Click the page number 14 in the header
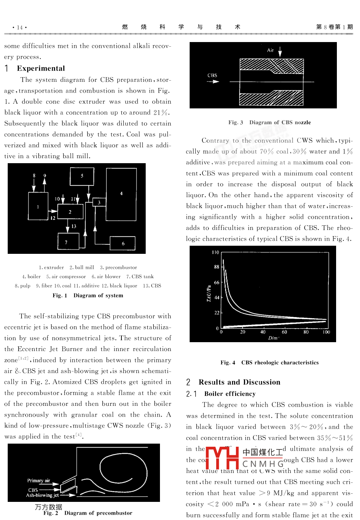pyautogui.click(x=20, y=27)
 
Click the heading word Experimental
pyautogui.click(x=41, y=68)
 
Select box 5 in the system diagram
pyautogui.click(x=82, y=176)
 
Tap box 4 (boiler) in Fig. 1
pyautogui.click(x=121, y=194)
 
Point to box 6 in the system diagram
pyautogui.click(x=123, y=243)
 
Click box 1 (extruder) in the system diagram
pyautogui.click(x=38, y=206)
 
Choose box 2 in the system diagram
pyautogui.click(x=70, y=212)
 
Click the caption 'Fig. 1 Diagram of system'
pyautogui.click(x=88, y=295)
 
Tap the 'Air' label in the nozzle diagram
pyautogui.click(x=271, y=50)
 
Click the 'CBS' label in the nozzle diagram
pyautogui.click(x=212, y=75)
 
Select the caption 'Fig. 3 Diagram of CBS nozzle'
pyautogui.click(x=269, y=122)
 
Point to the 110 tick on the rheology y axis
pyautogui.click(x=215, y=252)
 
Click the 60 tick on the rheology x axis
pyautogui.click(x=284, y=332)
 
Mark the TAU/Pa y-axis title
pyautogui.click(x=209, y=293)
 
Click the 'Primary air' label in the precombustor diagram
pyautogui.click(x=39, y=481)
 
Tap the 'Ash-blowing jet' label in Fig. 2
pyautogui.click(x=42, y=495)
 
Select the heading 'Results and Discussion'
pyautogui.click(x=239, y=382)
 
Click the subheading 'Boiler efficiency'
pyautogui.click(x=230, y=394)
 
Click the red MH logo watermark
pyautogui.click(x=222, y=458)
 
